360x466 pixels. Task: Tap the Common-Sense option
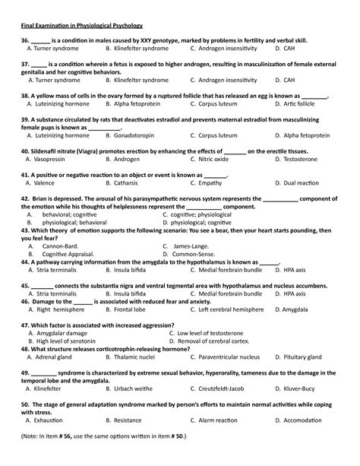(x=197, y=254)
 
